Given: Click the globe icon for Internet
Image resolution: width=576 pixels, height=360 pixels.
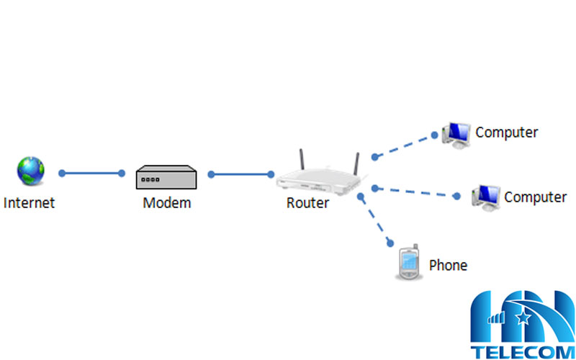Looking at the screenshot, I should point(30,171).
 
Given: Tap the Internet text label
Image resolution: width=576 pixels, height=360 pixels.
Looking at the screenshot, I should point(29,202).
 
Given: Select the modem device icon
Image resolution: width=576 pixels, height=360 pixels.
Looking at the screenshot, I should point(166,177).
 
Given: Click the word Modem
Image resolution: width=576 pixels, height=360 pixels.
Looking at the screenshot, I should point(167,202).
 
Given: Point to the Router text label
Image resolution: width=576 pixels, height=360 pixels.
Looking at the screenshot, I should point(307,203).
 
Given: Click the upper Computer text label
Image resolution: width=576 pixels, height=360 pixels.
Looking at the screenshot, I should point(506,132).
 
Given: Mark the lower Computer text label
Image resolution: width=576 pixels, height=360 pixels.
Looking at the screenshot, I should point(535,197).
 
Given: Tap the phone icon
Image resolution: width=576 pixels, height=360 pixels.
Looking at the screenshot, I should point(408,264).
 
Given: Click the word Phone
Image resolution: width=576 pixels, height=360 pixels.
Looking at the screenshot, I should point(448,265).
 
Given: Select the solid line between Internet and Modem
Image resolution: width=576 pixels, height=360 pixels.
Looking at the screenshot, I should point(91,173).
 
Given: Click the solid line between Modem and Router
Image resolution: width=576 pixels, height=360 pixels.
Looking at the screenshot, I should point(240,174).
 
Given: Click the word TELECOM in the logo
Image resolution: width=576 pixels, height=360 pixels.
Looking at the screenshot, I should point(522,351).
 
